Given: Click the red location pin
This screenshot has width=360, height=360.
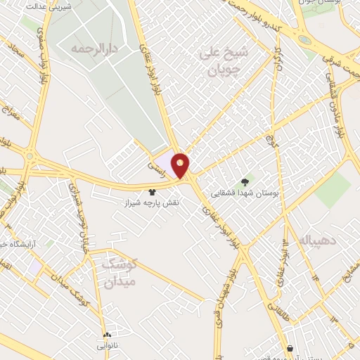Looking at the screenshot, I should coord(181,165).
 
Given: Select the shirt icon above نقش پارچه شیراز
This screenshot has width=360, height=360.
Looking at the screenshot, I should coord(151,191).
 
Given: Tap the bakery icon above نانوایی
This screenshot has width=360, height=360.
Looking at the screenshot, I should coord(107,335).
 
